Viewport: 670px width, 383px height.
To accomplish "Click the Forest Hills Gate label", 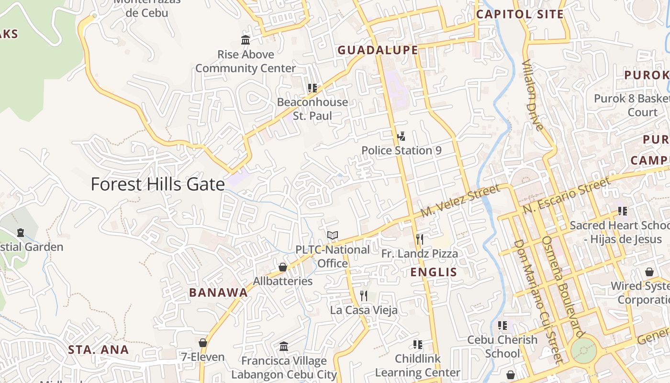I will pos(157,184).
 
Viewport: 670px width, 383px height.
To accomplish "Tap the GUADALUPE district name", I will pos(378,50).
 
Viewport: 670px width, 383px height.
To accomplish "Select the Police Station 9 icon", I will pos(401,136).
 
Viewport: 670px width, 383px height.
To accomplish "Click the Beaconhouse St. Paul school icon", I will pos(313,88).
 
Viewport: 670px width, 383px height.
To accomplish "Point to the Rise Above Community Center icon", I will pos(246,40).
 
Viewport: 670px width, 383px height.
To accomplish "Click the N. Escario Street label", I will pos(566,195).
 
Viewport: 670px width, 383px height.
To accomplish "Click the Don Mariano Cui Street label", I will pos(536,302).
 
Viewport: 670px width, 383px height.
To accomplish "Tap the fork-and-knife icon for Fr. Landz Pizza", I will pos(419,239).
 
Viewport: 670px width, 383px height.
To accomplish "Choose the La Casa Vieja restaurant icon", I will pos(364,296).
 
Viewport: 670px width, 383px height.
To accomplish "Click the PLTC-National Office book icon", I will pos(333,236).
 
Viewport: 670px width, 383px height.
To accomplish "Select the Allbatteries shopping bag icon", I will pos(283,267).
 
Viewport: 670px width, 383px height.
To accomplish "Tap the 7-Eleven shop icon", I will pos(203,343).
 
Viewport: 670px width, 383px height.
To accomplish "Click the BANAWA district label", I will pos(218,293).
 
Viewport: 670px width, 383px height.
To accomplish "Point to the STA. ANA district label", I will pos(98,349).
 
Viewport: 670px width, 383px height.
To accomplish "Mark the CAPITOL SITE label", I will pos(519,14).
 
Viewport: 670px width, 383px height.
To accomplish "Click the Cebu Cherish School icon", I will pos(502,326).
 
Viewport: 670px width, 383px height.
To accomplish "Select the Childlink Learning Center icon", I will pos(417,345).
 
